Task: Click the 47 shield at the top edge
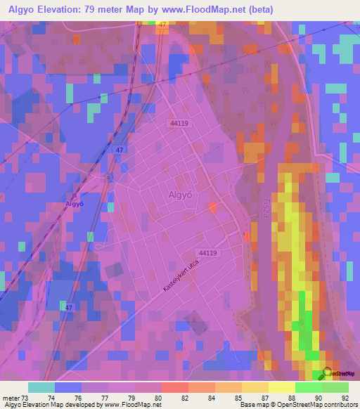(163, 24)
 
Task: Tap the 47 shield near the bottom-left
(68, 307)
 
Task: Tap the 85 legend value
(229, 397)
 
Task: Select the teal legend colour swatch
(41, 387)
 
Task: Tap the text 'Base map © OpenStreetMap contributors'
(297, 405)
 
